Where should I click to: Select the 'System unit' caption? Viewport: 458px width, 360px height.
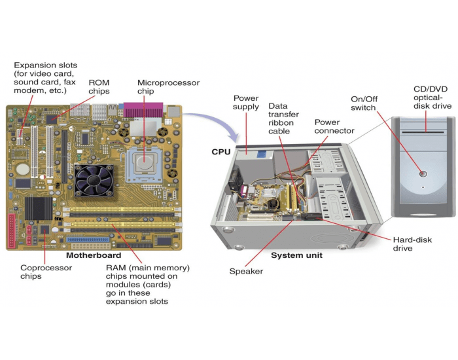[x=296, y=255]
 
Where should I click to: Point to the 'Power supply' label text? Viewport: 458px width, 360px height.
[x=247, y=103]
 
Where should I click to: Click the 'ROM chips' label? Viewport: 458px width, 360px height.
[x=99, y=87]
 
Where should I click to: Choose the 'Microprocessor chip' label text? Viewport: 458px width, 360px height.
[x=168, y=87]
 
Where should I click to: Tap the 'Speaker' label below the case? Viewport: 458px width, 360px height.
[x=246, y=271]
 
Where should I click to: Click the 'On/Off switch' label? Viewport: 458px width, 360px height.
[x=364, y=103]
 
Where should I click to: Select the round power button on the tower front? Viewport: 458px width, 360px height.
[x=423, y=174]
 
